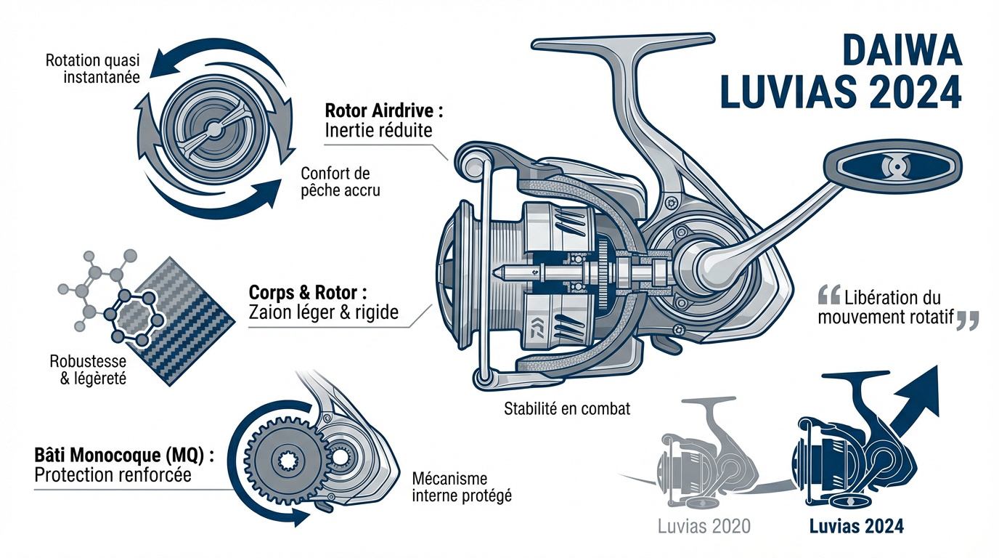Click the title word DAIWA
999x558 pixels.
[901, 52]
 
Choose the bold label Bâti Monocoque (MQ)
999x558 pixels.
[125, 456]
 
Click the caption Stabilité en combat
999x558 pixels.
[567, 408]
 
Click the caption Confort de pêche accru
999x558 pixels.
[340, 182]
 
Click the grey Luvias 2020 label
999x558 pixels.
[704, 527]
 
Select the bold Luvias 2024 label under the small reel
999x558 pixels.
[857, 527]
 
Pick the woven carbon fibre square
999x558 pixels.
[178, 320]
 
